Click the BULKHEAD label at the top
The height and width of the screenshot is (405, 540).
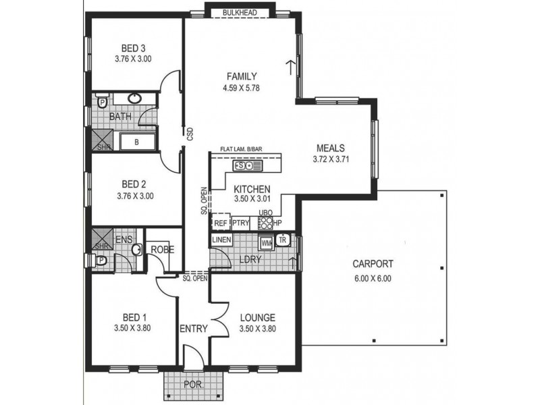coord(242,11)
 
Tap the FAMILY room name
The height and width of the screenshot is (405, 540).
coord(241,76)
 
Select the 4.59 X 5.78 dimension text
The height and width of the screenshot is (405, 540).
coord(241,88)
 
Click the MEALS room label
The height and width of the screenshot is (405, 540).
coord(331,148)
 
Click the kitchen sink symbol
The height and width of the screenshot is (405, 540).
coord(243,165)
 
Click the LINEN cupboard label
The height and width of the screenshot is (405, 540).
coord(222,240)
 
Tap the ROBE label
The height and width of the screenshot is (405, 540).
coord(163,249)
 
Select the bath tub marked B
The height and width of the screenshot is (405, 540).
coord(136,142)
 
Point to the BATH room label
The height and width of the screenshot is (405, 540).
coord(121,117)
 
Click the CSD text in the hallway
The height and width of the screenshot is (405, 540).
coord(190,135)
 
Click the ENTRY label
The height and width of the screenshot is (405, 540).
coord(192,329)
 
